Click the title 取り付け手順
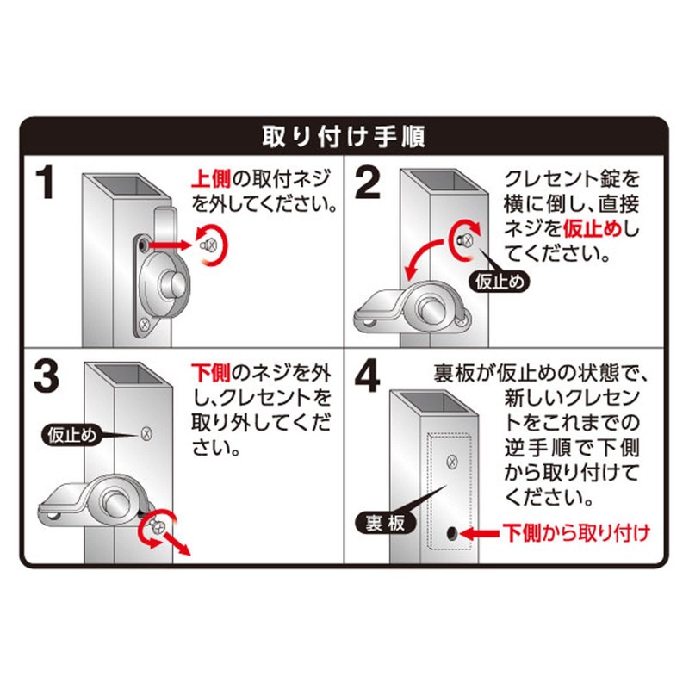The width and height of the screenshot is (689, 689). (344, 137)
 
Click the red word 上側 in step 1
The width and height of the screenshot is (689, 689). (209, 178)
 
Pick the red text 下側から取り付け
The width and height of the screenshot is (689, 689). (575, 533)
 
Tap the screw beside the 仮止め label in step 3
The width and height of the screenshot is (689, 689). (147, 432)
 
